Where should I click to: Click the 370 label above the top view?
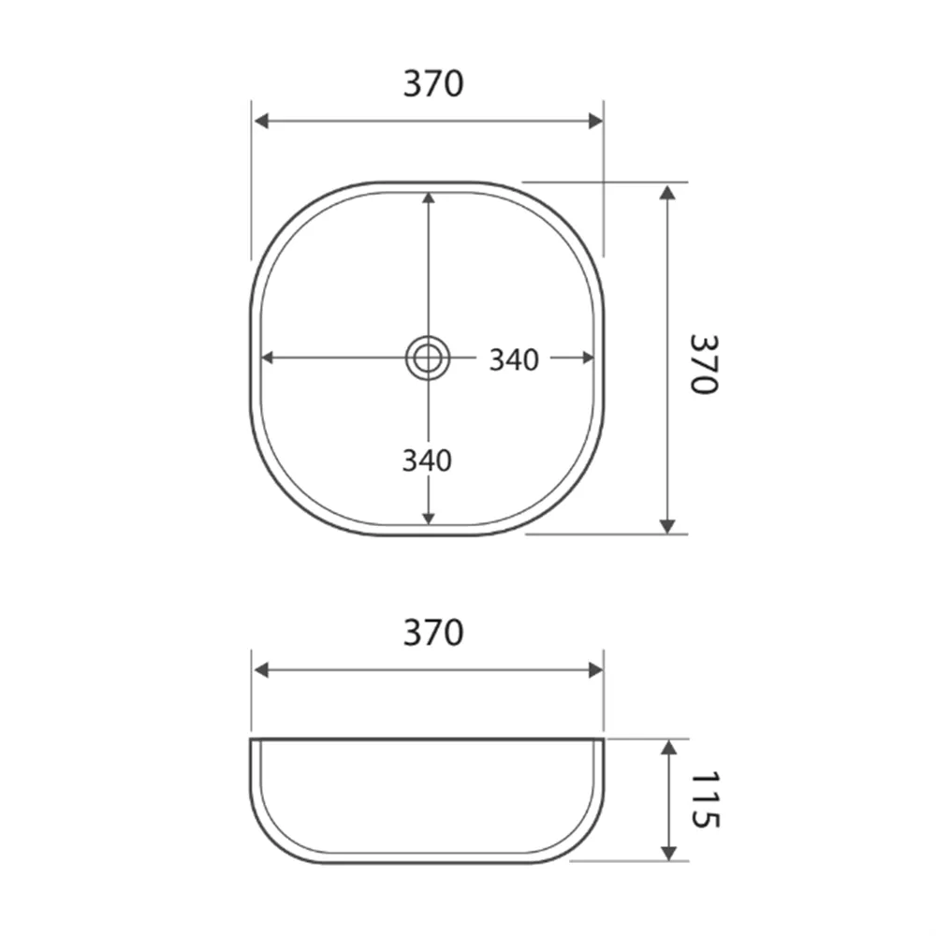(x=433, y=84)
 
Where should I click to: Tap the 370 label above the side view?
(x=433, y=634)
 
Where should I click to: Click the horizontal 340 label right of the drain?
(x=514, y=359)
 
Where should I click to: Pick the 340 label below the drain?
(x=427, y=461)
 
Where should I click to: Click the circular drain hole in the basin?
(x=428, y=357)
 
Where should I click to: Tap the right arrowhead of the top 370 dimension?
(x=594, y=121)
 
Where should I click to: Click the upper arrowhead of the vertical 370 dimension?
(x=666, y=192)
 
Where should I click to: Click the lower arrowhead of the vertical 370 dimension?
(x=666, y=526)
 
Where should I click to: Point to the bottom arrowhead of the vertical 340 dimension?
(x=428, y=518)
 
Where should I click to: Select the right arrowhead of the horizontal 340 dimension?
(x=588, y=357)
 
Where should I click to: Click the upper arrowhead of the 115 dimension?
(x=668, y=748)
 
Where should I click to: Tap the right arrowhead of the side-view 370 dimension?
(x=594, y=669)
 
